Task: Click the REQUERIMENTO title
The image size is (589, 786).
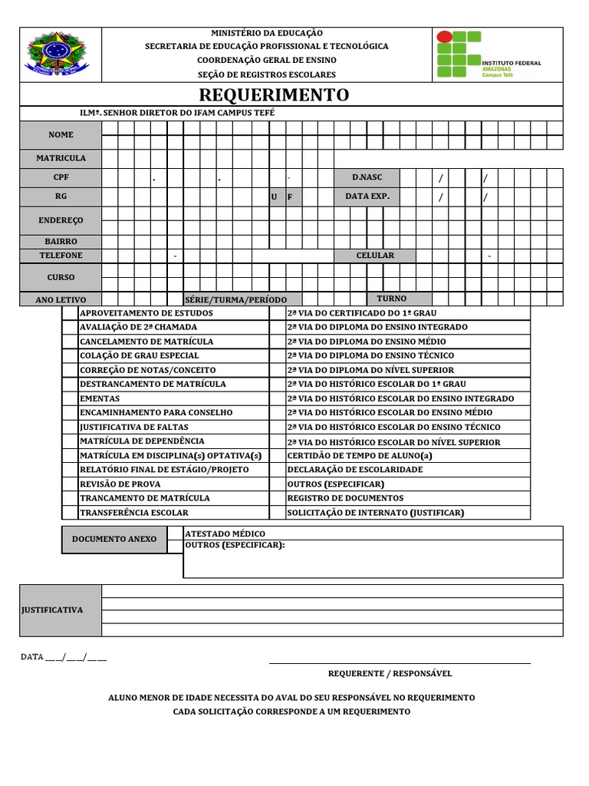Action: point(274,95)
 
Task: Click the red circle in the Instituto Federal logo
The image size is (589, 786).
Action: point(444,37)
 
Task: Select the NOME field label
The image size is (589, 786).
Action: point(61,135)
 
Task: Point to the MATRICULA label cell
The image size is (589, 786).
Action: point(61,158)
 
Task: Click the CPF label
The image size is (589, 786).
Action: point(61,177)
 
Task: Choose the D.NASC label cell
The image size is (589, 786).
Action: point(367,177)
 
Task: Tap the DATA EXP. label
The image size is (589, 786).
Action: point(367,196)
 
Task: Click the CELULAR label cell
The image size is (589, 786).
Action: point(375,256)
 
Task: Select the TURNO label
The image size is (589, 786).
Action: point(391,299)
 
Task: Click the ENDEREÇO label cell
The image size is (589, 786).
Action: point(61,220)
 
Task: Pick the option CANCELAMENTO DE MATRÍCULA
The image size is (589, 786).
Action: point(146,342)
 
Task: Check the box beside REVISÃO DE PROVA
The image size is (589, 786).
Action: point(70,484)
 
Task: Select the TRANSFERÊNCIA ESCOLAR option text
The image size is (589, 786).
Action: point(133,513)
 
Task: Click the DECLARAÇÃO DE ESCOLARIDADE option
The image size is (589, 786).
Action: point(354,470)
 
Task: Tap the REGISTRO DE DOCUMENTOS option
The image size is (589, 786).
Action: point(344,498)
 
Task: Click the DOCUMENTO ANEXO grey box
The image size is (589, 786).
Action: point(114,540)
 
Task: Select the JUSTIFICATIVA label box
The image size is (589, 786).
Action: point(61,610)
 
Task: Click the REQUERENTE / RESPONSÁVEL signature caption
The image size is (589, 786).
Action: point(390,674)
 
